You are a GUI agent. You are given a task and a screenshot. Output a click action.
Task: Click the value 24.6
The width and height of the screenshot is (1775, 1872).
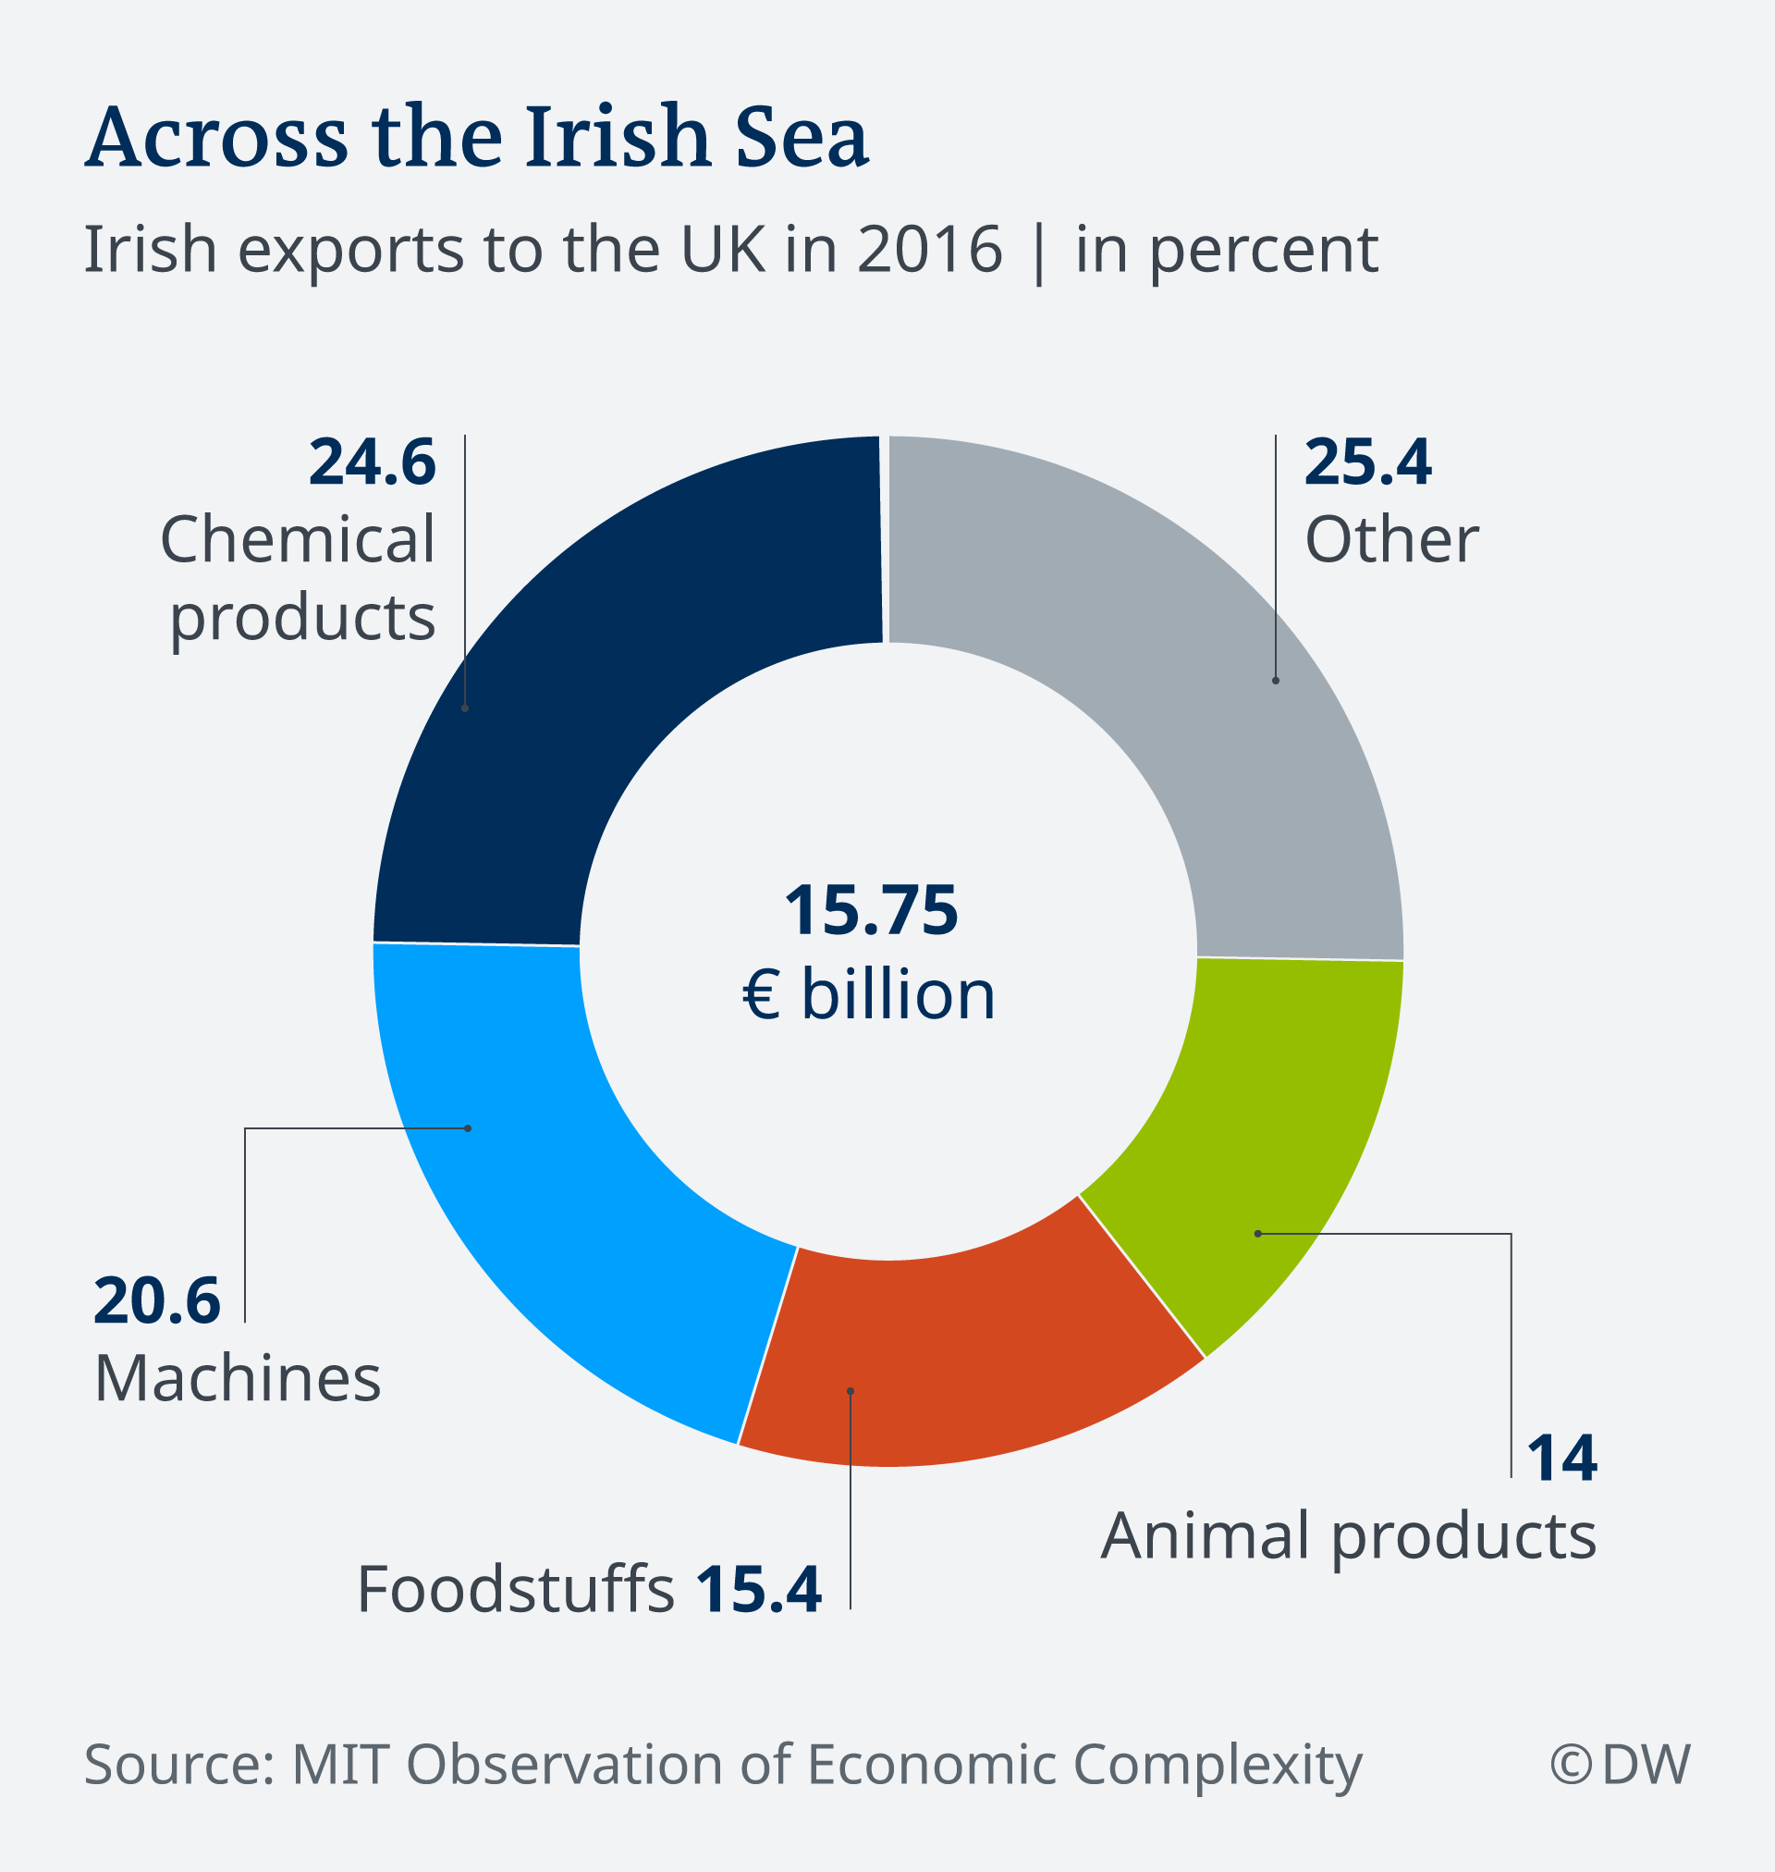(372, 462)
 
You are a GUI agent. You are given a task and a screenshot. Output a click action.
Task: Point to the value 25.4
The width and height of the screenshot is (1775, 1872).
(1367, 462)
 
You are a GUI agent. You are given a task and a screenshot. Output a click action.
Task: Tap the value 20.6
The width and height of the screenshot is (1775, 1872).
(157, 1301)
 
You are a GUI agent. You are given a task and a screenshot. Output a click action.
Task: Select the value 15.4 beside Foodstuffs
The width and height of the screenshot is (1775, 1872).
(759, 1589)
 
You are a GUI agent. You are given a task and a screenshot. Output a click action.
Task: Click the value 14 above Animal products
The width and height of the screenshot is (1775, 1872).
(1562, 1459)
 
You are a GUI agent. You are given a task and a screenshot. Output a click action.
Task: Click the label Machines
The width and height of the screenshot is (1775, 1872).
(238, 1379)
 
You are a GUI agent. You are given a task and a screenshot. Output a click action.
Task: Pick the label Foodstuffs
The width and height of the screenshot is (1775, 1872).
(516, 1589)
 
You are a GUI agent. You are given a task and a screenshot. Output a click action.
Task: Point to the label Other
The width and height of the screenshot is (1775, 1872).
(1390, 539)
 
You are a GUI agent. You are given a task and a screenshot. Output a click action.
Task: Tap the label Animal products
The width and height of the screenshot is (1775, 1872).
(1348, 1535)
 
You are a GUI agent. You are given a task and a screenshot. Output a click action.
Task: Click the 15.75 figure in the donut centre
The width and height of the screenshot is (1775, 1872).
(871, 910)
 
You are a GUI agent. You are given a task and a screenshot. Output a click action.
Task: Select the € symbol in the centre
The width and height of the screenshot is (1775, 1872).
(762, 995)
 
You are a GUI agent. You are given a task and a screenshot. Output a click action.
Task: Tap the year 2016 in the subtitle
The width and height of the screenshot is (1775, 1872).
(929, 250)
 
